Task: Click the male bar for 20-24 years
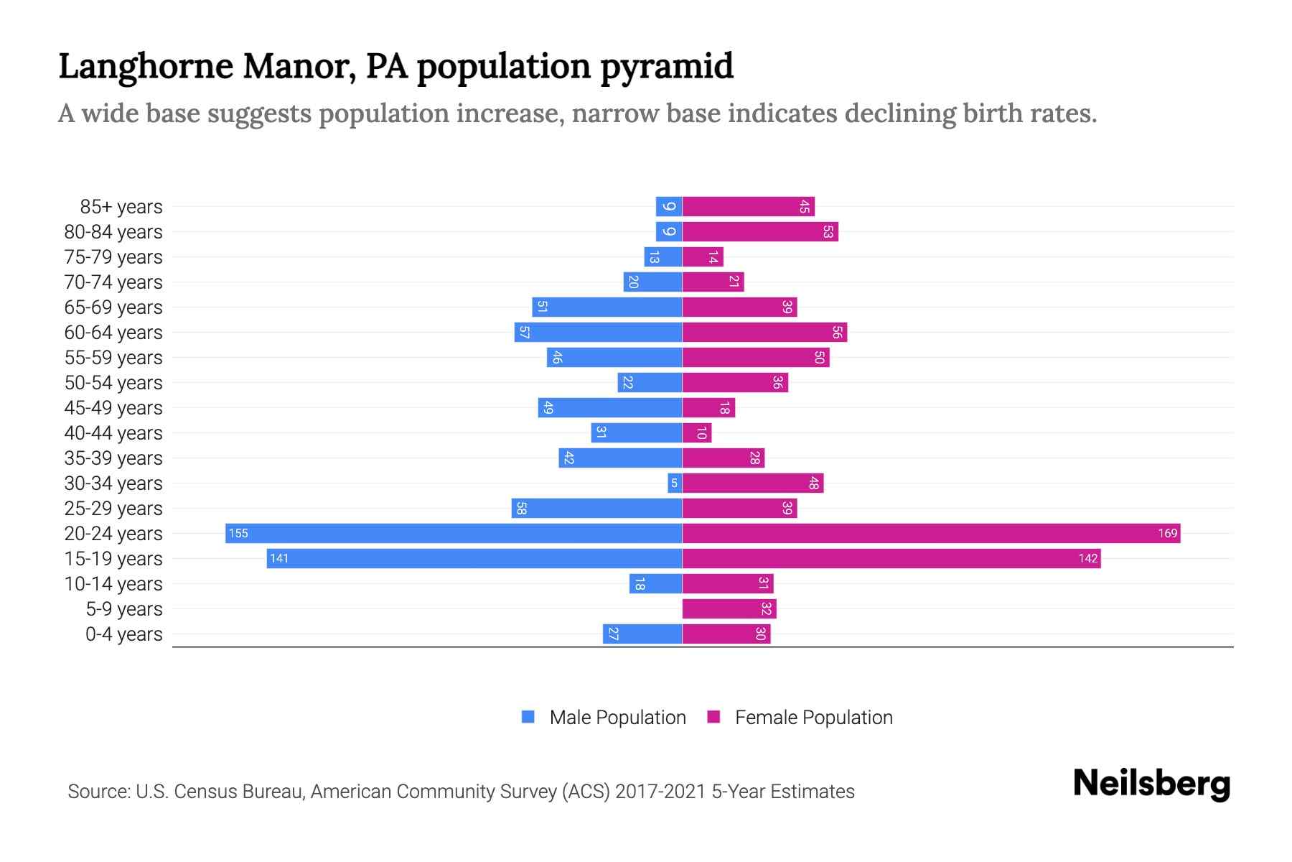click(453, 533)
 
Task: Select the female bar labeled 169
click(931, 533)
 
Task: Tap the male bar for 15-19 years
click(474, 558)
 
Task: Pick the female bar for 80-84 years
click(760, 231)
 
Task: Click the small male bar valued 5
click(675, 483)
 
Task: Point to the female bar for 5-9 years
click(729, 608)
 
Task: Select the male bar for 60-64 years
click(598, 332)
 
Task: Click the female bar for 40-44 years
click(696, 432)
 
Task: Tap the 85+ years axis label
click(121, 207)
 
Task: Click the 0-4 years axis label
click(123, 634)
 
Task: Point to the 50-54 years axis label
click(113, 383)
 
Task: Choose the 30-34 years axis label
click(113, 483)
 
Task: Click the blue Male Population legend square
click(528, 717)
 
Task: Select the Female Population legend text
click(813, 717)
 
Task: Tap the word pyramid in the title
click(666, 66)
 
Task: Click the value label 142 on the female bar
click(1087, 559)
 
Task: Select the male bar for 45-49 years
click(609, 407)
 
